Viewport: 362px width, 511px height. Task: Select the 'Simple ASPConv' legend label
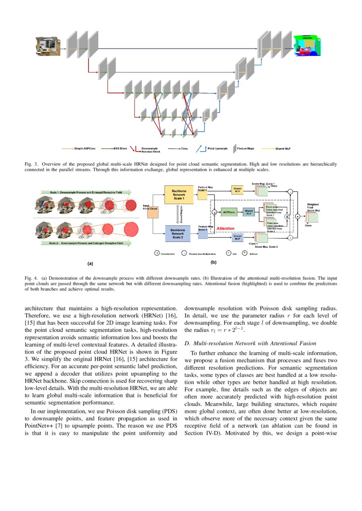pos(85,149)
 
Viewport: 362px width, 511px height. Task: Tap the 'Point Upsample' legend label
pos(217,149)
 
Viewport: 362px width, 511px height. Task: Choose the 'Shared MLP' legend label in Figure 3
pos(283,149)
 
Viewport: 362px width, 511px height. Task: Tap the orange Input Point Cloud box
pos(152,212)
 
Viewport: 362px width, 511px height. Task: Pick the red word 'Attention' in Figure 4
pos(225,228)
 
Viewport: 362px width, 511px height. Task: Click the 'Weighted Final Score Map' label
pos(313,207)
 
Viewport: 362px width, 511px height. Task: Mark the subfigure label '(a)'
pos(90,264)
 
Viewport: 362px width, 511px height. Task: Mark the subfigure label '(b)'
pos(214,262)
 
